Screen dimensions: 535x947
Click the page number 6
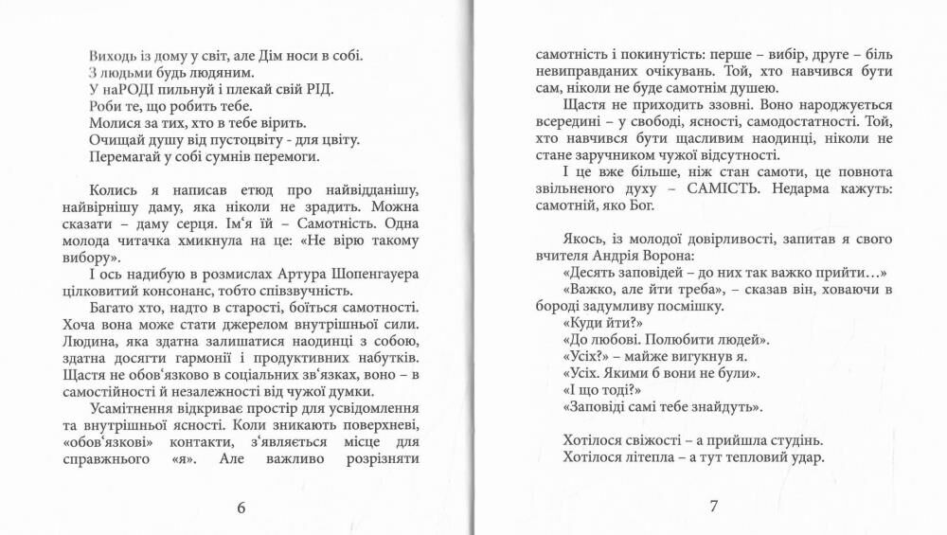coord(241,507)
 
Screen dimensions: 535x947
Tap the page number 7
coord(714,507)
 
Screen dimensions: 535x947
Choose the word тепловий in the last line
coord(758,459)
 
